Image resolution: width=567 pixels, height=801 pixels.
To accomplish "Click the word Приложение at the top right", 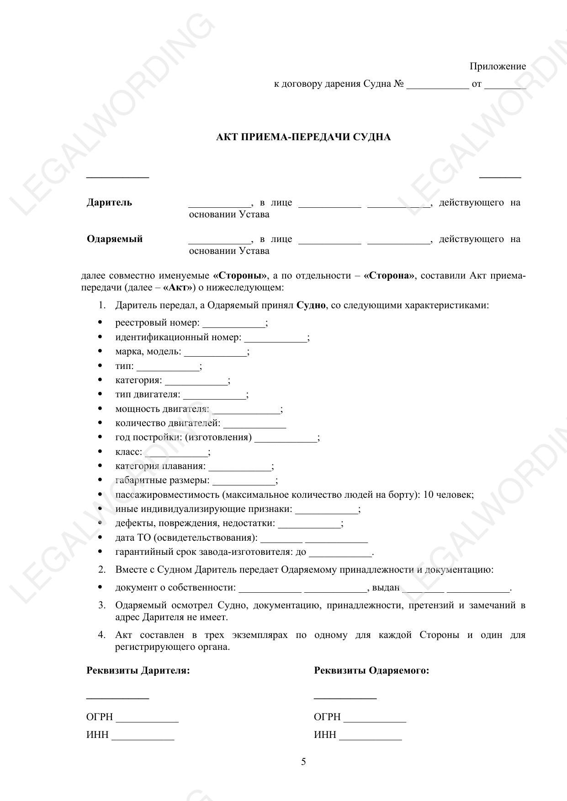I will click(498, 67).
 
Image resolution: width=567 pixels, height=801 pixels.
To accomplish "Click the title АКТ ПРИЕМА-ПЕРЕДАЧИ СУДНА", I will click(303, 137).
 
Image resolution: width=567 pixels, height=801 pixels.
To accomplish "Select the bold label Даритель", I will click(109, 203).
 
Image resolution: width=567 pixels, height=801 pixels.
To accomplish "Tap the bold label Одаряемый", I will click(115, 239).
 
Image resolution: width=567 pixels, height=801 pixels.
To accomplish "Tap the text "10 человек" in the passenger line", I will click(448, 495).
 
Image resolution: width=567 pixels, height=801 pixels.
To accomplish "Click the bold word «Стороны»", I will click(240, 276).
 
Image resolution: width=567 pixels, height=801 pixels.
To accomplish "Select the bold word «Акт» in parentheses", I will click(177, 288).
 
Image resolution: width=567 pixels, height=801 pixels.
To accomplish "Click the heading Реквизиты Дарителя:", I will click(138, 671).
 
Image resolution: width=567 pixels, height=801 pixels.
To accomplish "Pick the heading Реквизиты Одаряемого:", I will click(371, 671).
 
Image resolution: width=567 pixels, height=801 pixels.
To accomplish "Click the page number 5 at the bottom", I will click(303, 762).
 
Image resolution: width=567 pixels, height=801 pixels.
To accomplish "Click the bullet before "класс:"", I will click(100, 452).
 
